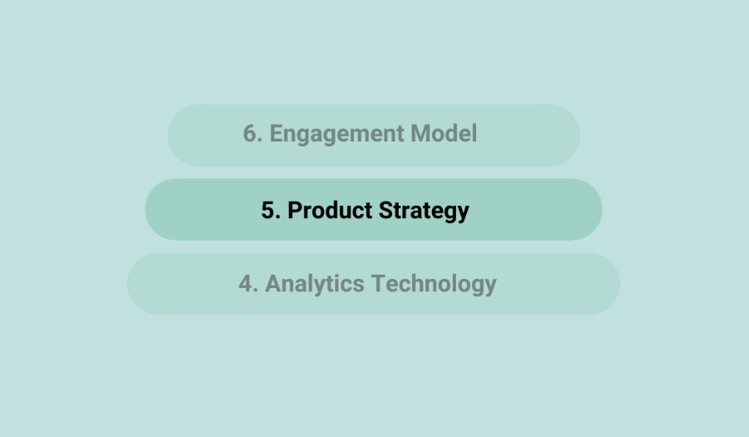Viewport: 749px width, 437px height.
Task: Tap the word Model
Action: [x=444, y=133]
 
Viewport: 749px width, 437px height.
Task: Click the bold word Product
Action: [x=330, y=210]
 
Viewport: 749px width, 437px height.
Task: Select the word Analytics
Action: [x=315, y=285]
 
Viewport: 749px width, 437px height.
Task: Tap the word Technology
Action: [x=434, y=285]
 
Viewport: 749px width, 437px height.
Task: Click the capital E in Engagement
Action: [x=276, y=133]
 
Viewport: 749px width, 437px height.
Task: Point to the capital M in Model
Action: [x=420, y=133]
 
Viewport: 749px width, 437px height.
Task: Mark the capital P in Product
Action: [x=295, y=210]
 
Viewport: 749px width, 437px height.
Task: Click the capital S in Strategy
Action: [x=386, y=210]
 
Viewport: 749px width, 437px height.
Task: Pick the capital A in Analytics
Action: [x=273, y=284]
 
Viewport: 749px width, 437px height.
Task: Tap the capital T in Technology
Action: [x=379, y=284]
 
